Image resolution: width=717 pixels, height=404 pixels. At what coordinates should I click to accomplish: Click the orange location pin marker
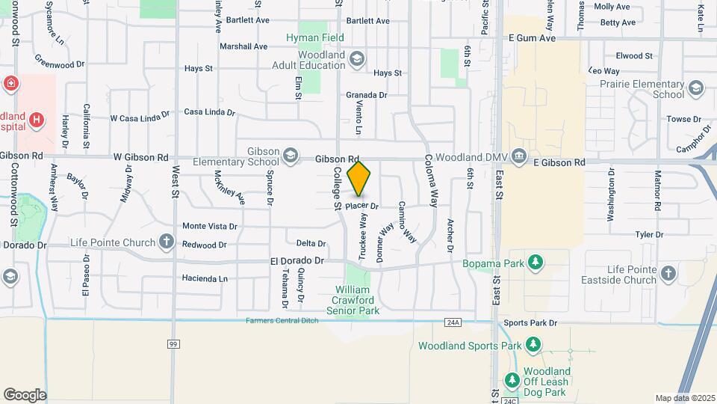(x=359, y=179)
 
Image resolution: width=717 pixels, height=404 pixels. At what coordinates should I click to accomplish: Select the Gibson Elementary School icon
(x=290, y=156)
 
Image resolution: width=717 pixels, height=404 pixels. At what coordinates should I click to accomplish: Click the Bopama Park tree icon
(x=535, y=262)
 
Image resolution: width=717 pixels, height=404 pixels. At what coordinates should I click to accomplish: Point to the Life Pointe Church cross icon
(x=166, y=242)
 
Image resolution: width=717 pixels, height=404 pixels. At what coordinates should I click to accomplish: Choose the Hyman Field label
(x=315, y=37)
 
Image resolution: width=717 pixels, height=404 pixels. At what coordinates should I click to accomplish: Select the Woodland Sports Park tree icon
(x=533, y=345)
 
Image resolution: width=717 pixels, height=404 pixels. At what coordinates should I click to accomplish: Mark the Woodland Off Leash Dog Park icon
(x=512, y=381)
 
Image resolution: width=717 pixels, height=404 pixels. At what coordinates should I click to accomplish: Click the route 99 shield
(x=173, y=343)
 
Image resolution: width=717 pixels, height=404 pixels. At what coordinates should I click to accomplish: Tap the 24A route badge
(x=452, y=322)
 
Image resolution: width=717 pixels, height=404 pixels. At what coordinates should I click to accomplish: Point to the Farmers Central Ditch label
(x=282, y=321)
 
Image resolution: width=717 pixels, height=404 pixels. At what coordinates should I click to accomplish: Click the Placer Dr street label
(x=362, y=206)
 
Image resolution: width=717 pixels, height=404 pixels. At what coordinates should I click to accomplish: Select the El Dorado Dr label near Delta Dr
(x=297, y=261)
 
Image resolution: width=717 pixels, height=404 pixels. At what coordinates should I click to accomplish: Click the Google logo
(x=24, y=394)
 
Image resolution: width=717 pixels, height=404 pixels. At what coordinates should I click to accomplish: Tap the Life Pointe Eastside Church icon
(x=668, y=274)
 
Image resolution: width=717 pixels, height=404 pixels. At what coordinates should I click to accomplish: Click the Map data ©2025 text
(x=683, y=398)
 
